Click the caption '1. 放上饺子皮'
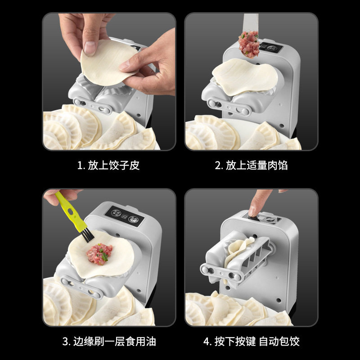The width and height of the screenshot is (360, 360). pyautogui.click(x=108, y=165)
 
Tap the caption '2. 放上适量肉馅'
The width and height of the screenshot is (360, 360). pyautogui.click(x=251, y=165)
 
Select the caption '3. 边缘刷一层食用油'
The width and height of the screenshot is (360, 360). pyautogui.click(x=109, y=342)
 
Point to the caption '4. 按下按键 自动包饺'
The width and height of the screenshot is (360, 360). pyautogui.click(x=252, y=342)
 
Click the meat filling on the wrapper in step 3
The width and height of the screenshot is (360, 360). pyautogui.click(x=99, y=254)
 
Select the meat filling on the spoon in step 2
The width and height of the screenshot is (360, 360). pyautogui.click(x=249, y=44)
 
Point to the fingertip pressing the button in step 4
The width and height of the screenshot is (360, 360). pyautogui.click(x=253, y=210)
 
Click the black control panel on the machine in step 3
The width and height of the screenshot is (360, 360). pyautogui.click(x=125, y=216)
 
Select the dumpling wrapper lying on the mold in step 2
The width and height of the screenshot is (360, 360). pyautogui.click(x=245, y=76)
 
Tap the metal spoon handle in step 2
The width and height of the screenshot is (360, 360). pyautogui.click(x=251, y=22)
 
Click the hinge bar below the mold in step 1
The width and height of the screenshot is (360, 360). pyautogui.click(x=92, y=106)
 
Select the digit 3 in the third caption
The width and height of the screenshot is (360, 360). pyautogui.click(x=65, y=342)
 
